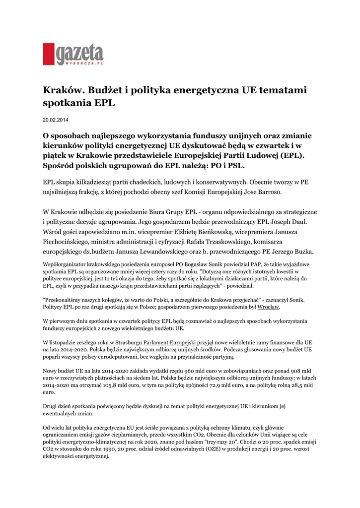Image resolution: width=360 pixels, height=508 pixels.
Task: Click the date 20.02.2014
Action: coord(55,120)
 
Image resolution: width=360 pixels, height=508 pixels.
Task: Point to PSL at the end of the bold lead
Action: coord(236,165)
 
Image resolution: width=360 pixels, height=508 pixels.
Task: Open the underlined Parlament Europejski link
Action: coord(169,342)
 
